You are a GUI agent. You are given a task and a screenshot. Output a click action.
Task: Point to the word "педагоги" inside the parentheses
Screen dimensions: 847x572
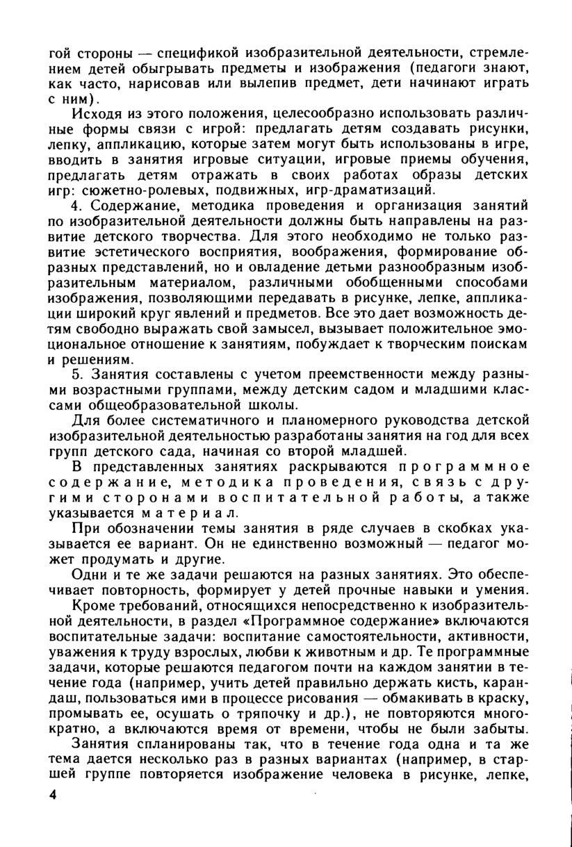click(x=453, y=67)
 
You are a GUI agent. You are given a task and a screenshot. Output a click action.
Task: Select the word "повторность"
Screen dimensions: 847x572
click(x=136, y=591)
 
